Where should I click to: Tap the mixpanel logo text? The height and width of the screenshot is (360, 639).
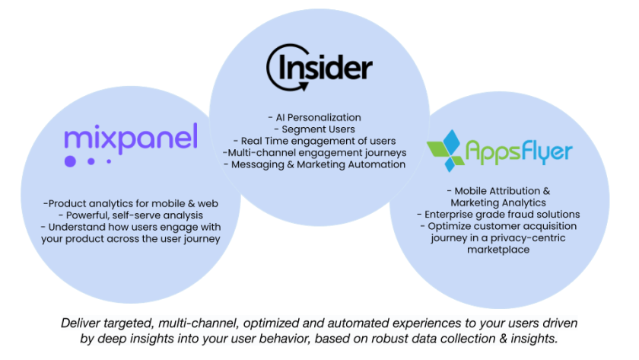131,137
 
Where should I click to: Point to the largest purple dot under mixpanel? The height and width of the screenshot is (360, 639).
71,161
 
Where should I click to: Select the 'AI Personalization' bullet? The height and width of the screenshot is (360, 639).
314,118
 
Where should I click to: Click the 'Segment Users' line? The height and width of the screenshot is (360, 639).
314,129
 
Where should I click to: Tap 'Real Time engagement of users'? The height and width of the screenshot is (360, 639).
314,141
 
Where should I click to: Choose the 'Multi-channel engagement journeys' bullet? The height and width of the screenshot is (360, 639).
314,152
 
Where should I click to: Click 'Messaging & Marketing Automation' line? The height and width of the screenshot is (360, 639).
314,164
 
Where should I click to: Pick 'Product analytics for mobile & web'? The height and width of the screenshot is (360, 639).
131,203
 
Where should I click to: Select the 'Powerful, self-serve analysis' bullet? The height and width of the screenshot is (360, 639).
131,215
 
